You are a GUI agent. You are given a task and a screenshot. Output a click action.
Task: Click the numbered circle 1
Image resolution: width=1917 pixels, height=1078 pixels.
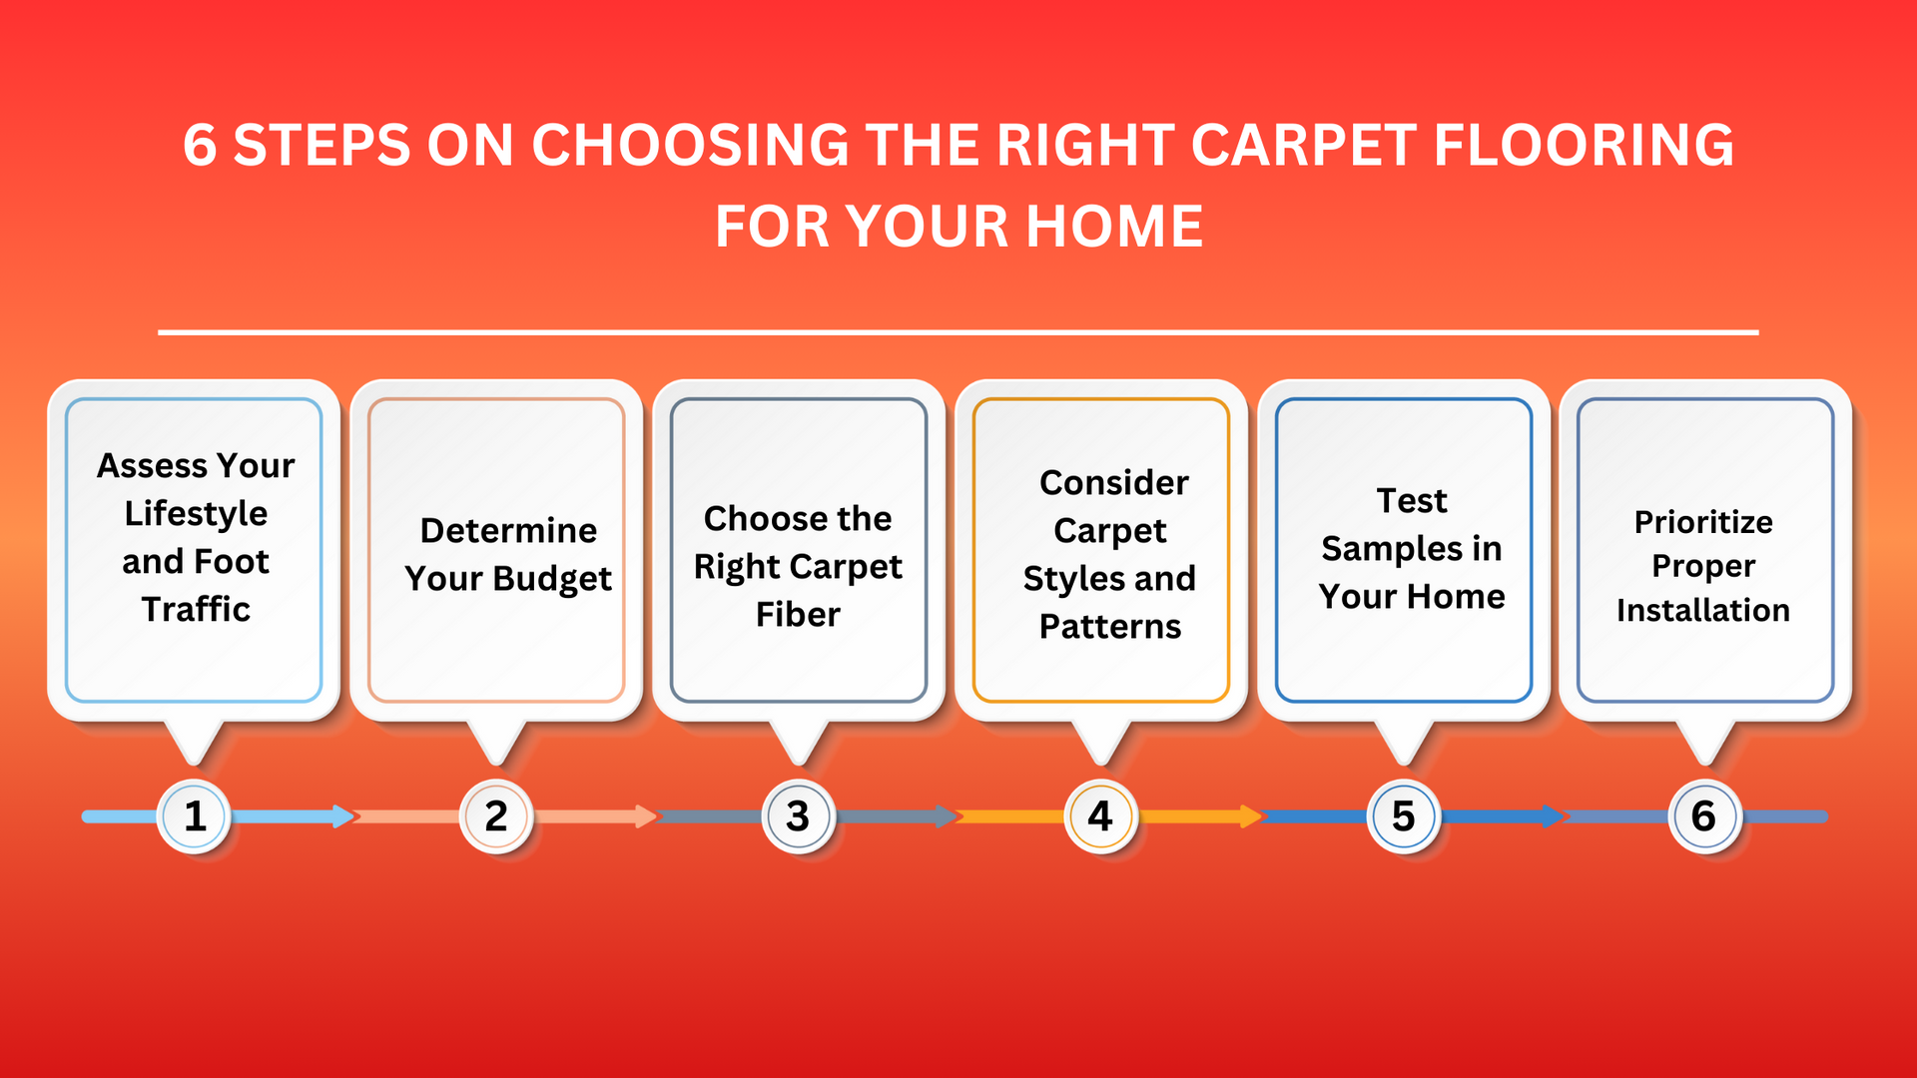coord(195,816)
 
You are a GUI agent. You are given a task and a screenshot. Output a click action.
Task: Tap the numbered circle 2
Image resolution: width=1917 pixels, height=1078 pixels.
coord(496,816)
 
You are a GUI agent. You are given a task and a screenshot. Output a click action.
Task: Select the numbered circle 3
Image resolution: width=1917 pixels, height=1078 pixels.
coord(798,816)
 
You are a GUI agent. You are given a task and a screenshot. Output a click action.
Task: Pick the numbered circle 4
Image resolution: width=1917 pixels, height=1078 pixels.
coord(1100,816)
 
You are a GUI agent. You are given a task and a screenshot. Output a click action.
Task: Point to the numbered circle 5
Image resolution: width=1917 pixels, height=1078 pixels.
coord(1403,816)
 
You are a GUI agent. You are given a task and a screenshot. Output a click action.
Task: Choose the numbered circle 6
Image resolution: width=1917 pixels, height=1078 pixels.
coord(1704,816)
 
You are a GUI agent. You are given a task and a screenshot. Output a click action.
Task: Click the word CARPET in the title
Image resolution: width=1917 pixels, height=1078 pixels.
coord(1303,146)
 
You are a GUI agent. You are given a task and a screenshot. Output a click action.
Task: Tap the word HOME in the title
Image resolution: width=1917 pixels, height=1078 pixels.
coord(1114,227)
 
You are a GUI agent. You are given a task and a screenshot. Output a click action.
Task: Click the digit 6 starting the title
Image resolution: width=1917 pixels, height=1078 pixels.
coord(200,146)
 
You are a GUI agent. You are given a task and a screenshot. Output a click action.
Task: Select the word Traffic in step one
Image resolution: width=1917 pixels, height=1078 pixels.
coord(196,609)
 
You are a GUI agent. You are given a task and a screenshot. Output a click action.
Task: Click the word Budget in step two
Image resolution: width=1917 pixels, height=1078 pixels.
coord(552,580)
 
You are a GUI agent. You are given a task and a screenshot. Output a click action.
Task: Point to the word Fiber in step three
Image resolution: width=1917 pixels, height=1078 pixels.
coord(798,615)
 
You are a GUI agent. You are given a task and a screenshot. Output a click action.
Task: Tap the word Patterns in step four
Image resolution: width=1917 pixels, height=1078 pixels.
coord(1110,627)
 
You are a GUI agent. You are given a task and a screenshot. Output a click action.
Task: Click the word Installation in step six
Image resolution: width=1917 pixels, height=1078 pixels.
coord(1703,610)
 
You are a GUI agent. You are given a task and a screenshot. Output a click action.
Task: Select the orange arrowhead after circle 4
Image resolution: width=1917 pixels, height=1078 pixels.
coord(1251,816)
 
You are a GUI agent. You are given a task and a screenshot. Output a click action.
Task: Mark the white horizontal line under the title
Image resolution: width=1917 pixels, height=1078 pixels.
coord(958,331)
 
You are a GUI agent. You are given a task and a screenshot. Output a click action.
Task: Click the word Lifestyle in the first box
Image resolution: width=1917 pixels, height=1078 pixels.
coord(196,514)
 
